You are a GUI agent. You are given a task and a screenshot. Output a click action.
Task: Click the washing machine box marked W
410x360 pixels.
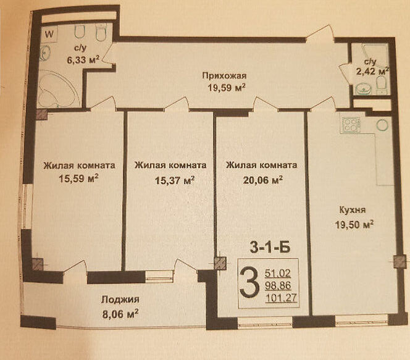pyautogui.click(x=49, y=34)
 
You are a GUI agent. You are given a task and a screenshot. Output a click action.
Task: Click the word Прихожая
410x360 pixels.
pyautogui.click(x=224, y=76)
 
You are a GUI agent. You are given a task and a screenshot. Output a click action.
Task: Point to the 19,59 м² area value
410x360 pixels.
pyautogui.click(x=227, y=88)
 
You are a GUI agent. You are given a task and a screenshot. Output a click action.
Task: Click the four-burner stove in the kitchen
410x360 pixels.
pyautogui.click(x=351, y=125)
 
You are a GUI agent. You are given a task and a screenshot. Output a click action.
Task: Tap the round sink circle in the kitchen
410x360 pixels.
pyautogui.click(x=382, y=125)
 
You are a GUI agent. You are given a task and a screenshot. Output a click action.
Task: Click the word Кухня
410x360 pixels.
pyautogui.click(x=353, y=210)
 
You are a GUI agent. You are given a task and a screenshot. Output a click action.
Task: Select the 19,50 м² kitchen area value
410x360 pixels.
pyautogui.click(x=354, y=225)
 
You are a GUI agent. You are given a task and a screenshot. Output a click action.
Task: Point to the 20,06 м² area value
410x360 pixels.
pyautogui.click(x=263, y=180)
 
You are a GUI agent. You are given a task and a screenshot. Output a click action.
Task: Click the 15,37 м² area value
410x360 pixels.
pyautogui.click(x=175, y=180)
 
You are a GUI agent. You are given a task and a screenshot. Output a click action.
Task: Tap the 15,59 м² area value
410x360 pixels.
pyautogui.click(x=78, y=179)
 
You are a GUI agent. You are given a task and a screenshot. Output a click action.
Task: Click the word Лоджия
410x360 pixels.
pyautogui.click(x=120, y=299)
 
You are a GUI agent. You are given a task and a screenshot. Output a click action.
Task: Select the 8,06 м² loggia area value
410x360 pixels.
pyautogui.click(x=120, y=314)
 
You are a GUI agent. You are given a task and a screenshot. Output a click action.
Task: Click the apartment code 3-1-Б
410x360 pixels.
pyautogui.click(x=270, y=248)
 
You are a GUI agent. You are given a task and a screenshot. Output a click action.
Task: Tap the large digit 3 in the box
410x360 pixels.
pyautogui.click(x=249, y=285)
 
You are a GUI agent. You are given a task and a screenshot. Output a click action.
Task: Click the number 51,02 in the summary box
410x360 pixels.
pyautogui.click(x=278, y=274)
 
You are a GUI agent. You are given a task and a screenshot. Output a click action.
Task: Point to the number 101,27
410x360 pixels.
pyautogui.click(x=282, y=298)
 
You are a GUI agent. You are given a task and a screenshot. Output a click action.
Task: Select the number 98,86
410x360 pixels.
pyautogui.click(x=278, y=286)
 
